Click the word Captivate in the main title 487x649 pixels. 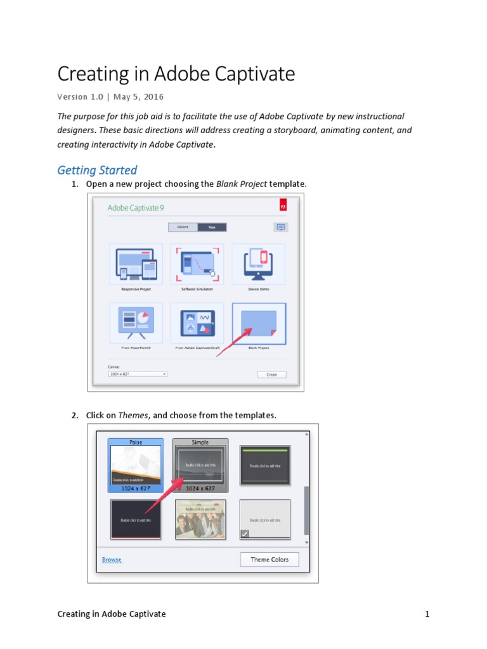[256, 74]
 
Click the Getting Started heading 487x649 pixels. [97, 170]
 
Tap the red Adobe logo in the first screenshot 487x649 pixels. [283, 205]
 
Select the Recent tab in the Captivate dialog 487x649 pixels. [183, 227]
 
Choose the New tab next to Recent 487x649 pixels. [212, 227]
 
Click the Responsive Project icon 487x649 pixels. [136, 264]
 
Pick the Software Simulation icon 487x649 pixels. [197, 264]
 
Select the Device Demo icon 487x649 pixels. [258, 264]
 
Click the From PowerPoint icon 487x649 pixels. [136, 323]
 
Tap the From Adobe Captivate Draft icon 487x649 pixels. [197, 323]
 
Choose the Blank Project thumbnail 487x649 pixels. [259, 323]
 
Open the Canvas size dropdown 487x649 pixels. [138, 374]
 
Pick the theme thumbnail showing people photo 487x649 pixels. [200, 519]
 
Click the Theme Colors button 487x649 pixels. [269, 560]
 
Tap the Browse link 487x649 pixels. [112, 560]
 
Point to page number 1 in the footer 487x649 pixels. [427, 614]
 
